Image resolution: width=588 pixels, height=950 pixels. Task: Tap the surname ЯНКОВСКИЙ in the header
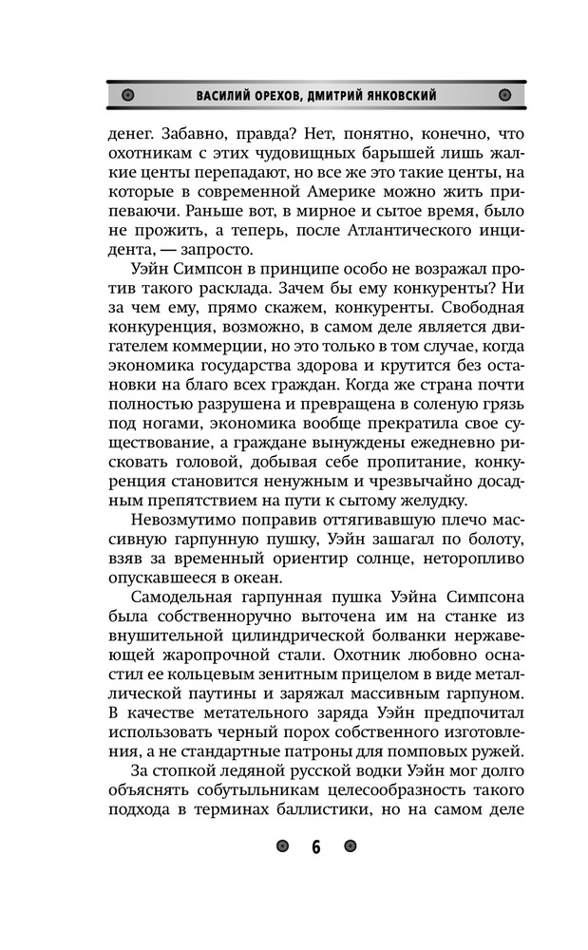point(403,96)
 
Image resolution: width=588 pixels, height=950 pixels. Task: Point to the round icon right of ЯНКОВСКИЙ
point(503,95)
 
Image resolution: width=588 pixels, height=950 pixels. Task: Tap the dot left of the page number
point(282,846)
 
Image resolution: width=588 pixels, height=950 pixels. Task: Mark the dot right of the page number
point(350,846)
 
